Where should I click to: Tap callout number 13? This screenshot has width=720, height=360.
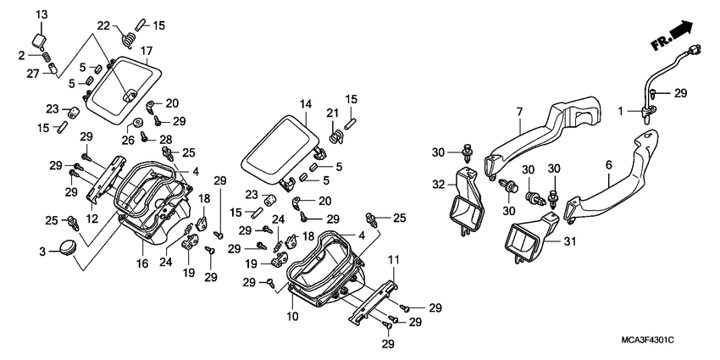[42, 15]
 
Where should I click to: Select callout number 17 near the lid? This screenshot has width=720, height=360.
[146, 50]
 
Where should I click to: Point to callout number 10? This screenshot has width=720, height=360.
[291, 316]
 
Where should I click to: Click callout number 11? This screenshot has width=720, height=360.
[393, 258]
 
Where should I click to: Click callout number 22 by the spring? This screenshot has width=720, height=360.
[104, 25]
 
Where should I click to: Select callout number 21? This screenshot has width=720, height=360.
[332, 113]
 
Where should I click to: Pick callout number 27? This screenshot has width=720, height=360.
[33, 74]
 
